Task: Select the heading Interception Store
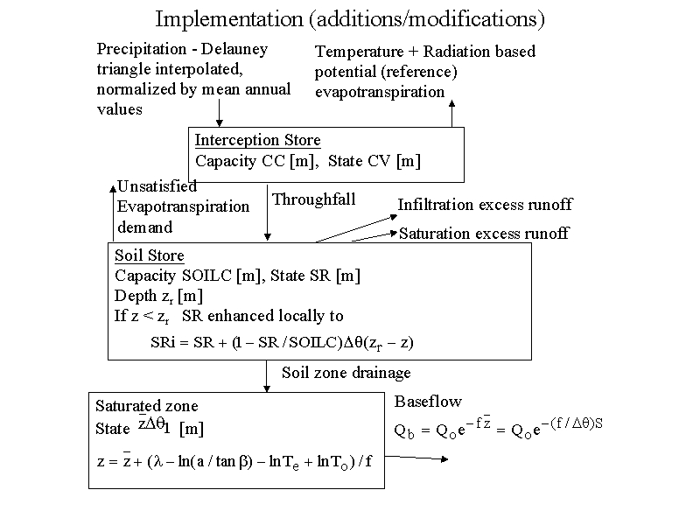257,140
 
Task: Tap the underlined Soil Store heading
150,255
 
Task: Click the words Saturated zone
147,406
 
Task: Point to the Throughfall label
314,199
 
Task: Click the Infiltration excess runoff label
485,205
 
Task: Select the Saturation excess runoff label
484,233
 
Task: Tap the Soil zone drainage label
346,373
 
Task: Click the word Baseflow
428,402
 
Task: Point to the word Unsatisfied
157,185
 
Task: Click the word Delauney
237,49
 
